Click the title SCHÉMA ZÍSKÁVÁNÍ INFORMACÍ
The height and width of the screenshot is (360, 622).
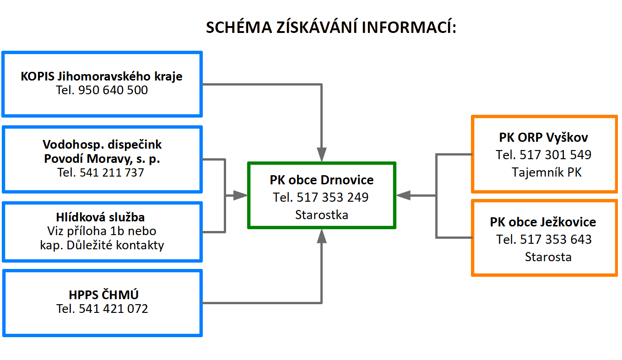point(331,27)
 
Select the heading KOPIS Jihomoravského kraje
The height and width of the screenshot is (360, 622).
point(102,76)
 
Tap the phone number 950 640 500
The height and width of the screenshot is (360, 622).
point(113,90)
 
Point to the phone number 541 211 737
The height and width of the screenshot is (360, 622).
point(112,172)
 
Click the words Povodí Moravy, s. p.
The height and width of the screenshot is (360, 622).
point(102,159)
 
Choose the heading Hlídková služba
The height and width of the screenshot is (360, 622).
point(100,217)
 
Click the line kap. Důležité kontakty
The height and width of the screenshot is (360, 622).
point(102,245)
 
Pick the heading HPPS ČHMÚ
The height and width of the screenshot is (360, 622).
point(103,295)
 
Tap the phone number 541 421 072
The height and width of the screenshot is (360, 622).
point(114,309)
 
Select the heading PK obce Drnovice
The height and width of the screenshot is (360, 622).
point(322,180)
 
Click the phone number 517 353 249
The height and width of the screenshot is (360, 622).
point(332,197)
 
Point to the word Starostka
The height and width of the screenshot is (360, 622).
point(322,215)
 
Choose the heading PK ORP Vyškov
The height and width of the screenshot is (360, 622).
point(543,137)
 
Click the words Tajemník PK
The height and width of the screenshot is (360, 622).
point(546,172)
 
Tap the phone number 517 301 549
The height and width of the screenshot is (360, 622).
point(555,155)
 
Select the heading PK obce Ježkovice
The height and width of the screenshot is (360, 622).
point(543,222)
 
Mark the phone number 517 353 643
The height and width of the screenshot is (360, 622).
point(556,240)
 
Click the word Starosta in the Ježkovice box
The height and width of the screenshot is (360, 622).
point(548,257)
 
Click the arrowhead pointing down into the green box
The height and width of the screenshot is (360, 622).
point(322,155)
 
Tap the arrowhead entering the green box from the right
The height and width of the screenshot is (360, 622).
point(403,195)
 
